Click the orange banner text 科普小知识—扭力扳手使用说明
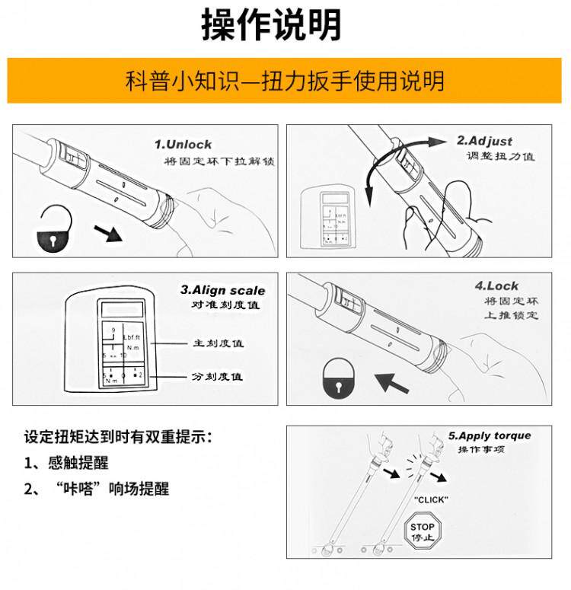point(285,81)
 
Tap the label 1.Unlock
point(183,144)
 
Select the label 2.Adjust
point(484,141)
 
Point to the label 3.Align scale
point(223,290)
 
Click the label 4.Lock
point(496,286)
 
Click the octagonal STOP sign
point(422,531)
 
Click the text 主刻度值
point(218,343)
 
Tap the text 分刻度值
point(218,377)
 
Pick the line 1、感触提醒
point(66,463)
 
